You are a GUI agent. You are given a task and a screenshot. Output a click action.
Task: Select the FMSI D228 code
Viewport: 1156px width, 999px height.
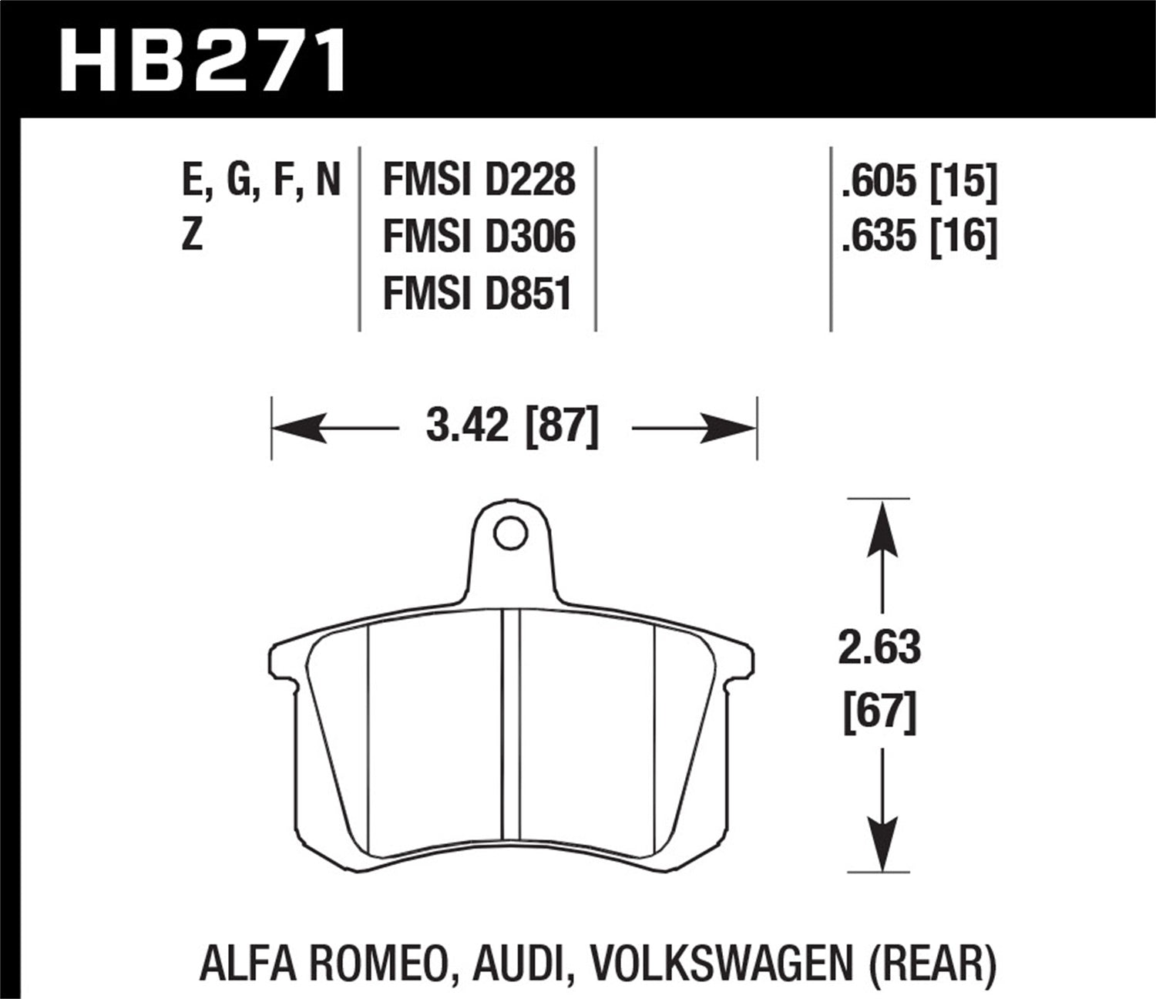[479, 180]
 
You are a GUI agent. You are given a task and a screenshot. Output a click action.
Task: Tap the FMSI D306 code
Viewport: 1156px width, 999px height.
[479, 236]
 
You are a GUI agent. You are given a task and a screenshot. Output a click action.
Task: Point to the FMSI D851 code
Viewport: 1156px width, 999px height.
[478, 294]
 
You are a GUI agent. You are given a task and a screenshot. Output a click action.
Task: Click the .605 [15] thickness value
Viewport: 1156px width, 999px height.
[919, 182]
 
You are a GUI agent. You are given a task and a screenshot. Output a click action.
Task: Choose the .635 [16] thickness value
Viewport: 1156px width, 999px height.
[919, 237]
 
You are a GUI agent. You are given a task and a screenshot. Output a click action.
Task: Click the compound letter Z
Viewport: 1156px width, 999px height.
[191, 234]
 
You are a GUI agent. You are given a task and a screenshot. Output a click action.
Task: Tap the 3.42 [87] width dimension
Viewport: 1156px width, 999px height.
[512, 426]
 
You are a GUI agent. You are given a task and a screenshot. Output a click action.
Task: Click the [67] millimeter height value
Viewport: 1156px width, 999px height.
[880, 712]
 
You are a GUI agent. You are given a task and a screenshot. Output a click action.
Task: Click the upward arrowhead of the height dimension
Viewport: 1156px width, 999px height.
[881, 527]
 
